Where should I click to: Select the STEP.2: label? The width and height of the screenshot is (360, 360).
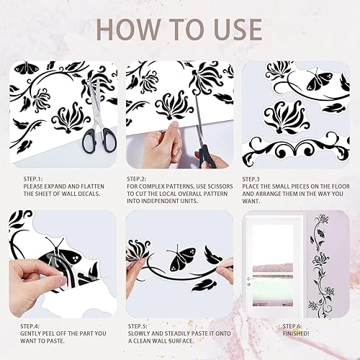pos(137,178)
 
